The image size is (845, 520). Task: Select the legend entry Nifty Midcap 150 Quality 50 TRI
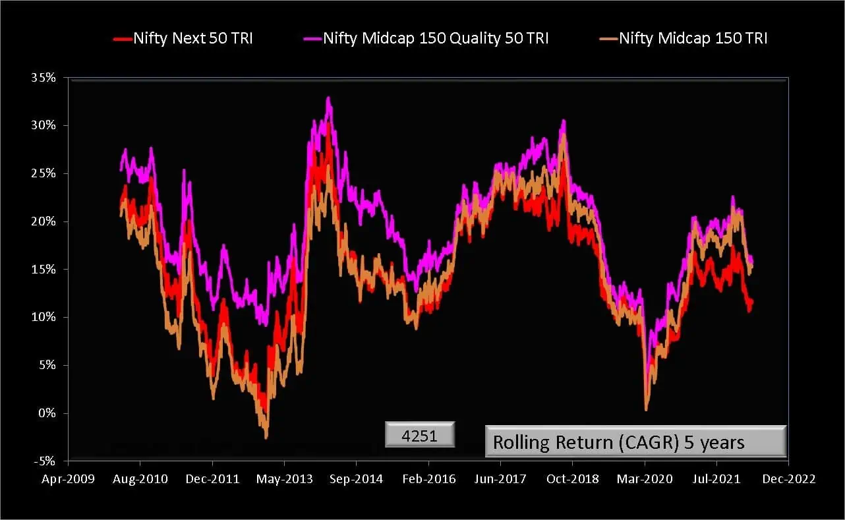pyautogui.click(x=436, y=38)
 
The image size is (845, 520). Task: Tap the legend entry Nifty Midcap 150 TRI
pyautogui.click(x=693, y=38)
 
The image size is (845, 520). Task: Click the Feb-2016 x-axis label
pyautogui.click(x=428, y=479)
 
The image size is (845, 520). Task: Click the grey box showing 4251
pyautogui.click(x=420, y=436)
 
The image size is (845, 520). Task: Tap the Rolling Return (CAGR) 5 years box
pyautogui.click(x=635, y=442)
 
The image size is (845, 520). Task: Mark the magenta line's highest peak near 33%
pyautogui.click(x=328, y=99)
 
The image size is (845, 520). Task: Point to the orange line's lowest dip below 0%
pyautogui.click(x=266, y=436)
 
